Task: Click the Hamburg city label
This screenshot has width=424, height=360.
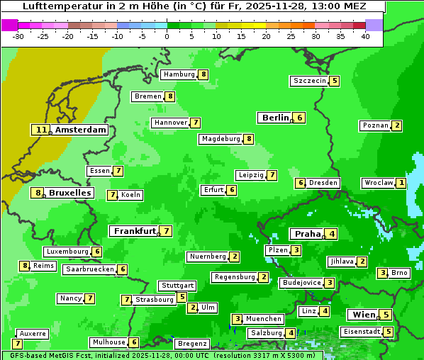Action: point(179,74)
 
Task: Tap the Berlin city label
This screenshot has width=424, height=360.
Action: point(275,118)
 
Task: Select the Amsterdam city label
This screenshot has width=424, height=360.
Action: point(81,130)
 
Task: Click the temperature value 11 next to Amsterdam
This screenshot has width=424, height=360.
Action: point(41,130)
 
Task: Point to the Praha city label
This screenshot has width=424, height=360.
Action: point(308,234)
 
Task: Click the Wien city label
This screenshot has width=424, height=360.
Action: point(364,315)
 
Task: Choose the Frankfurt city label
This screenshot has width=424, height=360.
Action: point(135,231)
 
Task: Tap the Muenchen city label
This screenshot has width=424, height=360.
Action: point(264,319)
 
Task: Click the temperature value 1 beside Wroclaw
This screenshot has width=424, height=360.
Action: point(401,183)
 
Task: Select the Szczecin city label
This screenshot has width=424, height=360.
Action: point(310,81)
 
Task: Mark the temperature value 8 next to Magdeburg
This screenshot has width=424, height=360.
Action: point(249,139)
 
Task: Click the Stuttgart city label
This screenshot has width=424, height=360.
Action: point(177,286)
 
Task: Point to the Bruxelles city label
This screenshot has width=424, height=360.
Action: point(69,193)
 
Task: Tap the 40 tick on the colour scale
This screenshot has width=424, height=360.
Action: point(365,36)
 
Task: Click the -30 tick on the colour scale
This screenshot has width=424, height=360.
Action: point(19,36)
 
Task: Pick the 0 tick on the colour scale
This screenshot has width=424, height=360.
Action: point(167,36)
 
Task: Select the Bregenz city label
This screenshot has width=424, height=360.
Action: point(191,344)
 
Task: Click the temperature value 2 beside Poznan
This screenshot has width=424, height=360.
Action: point(397,126)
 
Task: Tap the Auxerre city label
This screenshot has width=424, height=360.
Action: point(33,333)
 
